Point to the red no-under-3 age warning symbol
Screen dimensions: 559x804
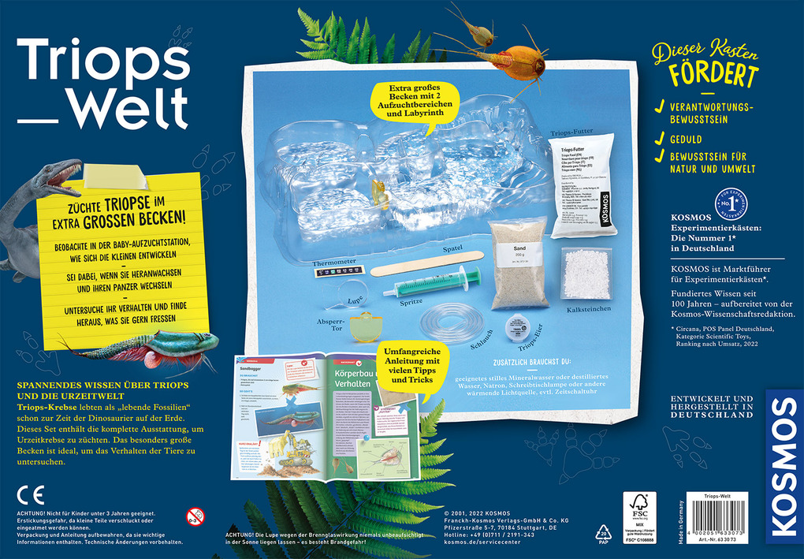click(x=195, y=517)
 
